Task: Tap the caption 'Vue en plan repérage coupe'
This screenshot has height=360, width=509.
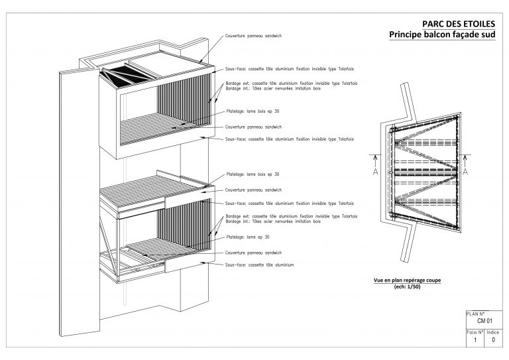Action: click(x=407, y=280)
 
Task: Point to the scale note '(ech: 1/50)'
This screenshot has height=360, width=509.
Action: click(x=407, y=286)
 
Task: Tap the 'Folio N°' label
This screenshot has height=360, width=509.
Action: click(x=475, y=331)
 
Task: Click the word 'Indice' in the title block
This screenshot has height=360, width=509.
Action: click(x=493, y=331)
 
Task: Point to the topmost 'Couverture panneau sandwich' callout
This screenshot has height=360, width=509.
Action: click(x=254, y=35)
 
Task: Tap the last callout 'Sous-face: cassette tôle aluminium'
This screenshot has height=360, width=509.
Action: click(x=259, y=265)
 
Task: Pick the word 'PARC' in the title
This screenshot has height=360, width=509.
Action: click(x=435, y=24)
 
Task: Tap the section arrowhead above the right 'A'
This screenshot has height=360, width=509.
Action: click(x=465, y=157)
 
